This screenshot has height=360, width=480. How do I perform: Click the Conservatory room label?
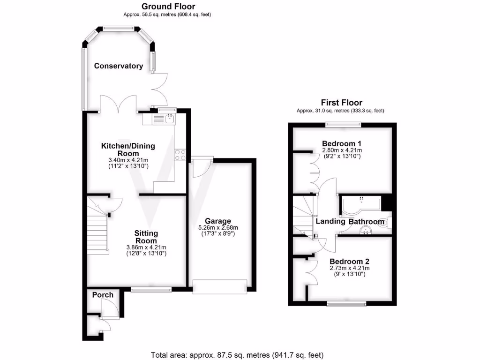tap(119, 66)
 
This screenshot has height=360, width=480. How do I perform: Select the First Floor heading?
tap(341, 103)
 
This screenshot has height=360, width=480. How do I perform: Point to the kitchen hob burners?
tap(180, 155)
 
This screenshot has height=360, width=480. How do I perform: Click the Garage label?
tap(217, 221)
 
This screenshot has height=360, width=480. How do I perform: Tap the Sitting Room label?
tap(146, 237)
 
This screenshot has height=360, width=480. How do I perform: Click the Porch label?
tap(103, 295)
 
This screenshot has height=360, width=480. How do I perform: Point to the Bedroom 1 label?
tap(341, 143)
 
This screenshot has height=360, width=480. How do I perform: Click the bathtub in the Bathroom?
tap(360, 204)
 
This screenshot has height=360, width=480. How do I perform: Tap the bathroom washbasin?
tap(366, 230)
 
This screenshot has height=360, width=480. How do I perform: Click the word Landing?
tap(330, 222)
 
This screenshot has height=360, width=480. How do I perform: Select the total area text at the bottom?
tap(237, 355)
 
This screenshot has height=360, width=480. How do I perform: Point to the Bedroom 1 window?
tap(343, 125)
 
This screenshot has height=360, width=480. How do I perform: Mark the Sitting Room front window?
tap(151, 290)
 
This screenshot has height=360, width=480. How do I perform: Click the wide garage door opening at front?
tap(220, 287)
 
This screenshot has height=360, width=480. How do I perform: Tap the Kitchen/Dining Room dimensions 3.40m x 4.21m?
tap(128, 160)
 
